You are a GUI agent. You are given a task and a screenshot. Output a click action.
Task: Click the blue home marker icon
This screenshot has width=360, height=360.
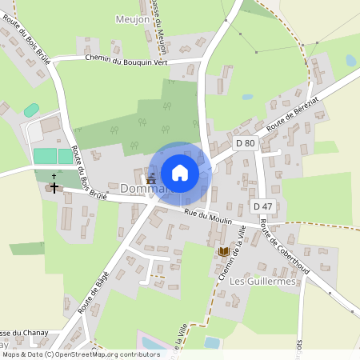click(x=180, y=173)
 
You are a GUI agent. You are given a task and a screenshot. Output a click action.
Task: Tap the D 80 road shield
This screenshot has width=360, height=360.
click(x=246, y=143)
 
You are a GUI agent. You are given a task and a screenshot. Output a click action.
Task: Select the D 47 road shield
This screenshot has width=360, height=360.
click(x=262, y=206)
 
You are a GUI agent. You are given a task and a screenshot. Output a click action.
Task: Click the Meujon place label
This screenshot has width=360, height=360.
click(x=132, y=18)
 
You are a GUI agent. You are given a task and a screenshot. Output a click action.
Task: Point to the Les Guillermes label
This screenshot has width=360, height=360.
click(x=262, y=282)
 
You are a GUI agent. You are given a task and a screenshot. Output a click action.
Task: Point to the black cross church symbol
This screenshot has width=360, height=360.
click(x=54, y=187)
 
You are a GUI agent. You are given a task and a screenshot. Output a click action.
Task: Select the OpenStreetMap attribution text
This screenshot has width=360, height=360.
click(x=80, y=354)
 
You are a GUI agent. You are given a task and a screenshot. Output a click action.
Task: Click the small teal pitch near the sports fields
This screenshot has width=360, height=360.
click(x=31, y=110)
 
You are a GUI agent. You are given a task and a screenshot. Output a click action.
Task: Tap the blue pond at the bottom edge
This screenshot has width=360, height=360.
click(x=212, y=342)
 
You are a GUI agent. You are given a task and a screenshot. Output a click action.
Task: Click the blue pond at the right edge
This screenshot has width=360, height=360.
click(x=350, y=60)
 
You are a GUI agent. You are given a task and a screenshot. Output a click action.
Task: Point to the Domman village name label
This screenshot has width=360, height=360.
click(x=144, y=189)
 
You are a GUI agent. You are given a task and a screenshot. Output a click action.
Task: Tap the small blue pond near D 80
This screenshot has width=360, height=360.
click(x=247, y=97)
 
